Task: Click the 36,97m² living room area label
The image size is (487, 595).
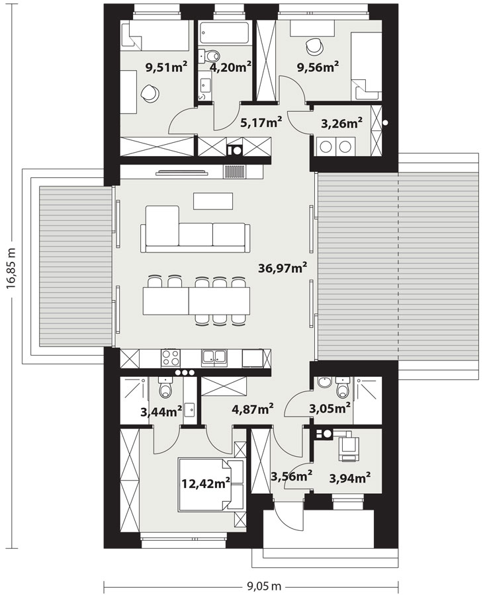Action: click(283, 268)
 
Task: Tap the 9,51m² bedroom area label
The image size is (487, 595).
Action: click(166, 67)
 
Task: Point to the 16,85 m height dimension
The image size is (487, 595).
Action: click(11, 268)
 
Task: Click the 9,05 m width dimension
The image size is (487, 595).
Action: click(265, 586)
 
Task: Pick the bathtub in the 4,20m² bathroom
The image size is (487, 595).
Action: click(224, 34)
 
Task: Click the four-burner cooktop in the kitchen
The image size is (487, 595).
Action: click(171, 358)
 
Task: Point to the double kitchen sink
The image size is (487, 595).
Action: click(214, 358)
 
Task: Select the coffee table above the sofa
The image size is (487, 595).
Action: click(212, 201)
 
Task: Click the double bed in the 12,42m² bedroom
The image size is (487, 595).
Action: click(211, 483)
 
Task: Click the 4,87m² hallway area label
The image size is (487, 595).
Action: click(253, 409)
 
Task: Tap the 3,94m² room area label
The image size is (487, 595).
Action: click(350, 478)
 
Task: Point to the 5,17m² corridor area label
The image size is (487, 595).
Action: click(261, 122)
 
